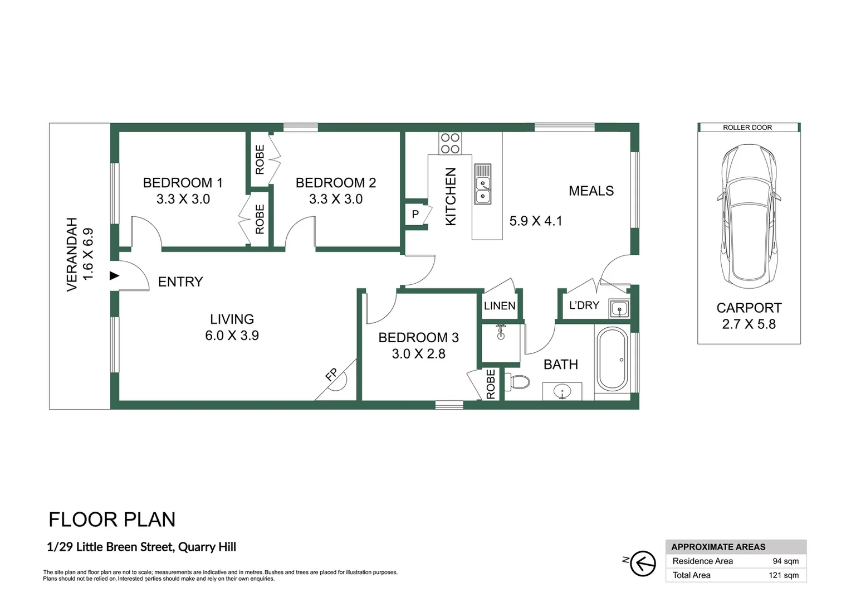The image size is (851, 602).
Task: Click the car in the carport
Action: (x=749, y=216)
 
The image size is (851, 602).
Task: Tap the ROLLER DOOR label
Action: (x=747, y=128)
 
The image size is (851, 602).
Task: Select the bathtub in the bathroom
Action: (x=612, y=359)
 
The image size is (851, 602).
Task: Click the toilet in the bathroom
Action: (x=517, y=382)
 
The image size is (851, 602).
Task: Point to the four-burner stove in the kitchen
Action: (x=450, y=143)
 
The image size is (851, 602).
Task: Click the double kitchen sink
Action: (x=482, y=185)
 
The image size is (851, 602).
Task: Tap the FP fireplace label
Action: (x=331, y=375)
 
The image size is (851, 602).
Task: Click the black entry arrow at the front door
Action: (x=114, y=276)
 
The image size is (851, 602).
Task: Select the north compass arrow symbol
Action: (x=643, y=563)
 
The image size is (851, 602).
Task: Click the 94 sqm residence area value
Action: (x=786, y=561)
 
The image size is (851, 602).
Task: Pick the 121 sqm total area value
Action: (x=784, y=575)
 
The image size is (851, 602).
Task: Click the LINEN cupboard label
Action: (x=500, y=306)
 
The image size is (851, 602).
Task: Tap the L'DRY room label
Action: (x=584, y=305)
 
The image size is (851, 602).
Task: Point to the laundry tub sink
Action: (x=619, y=309)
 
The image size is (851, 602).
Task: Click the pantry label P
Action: (x=415, y=215)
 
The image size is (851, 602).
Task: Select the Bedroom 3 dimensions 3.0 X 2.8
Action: (x=419, y=353)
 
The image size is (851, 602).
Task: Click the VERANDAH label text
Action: (x=72, y=254)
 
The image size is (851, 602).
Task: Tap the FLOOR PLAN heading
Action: (x=112, y=520)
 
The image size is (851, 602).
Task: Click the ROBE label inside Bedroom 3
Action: (x=491, y=384)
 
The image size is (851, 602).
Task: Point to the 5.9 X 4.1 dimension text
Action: (x=536, y=221)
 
